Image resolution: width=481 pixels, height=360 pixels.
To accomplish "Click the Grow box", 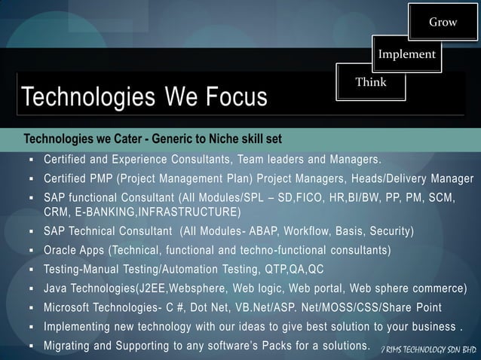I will click(x=443, y=22).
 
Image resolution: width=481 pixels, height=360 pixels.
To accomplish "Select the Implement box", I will click(x=406, y=54).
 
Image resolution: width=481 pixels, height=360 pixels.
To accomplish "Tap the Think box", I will click(x=371, y=82).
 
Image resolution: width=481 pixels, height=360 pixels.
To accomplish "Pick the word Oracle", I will click(x=61, y=250).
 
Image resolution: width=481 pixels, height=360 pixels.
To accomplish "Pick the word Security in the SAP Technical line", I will click(x=388, y=230).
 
